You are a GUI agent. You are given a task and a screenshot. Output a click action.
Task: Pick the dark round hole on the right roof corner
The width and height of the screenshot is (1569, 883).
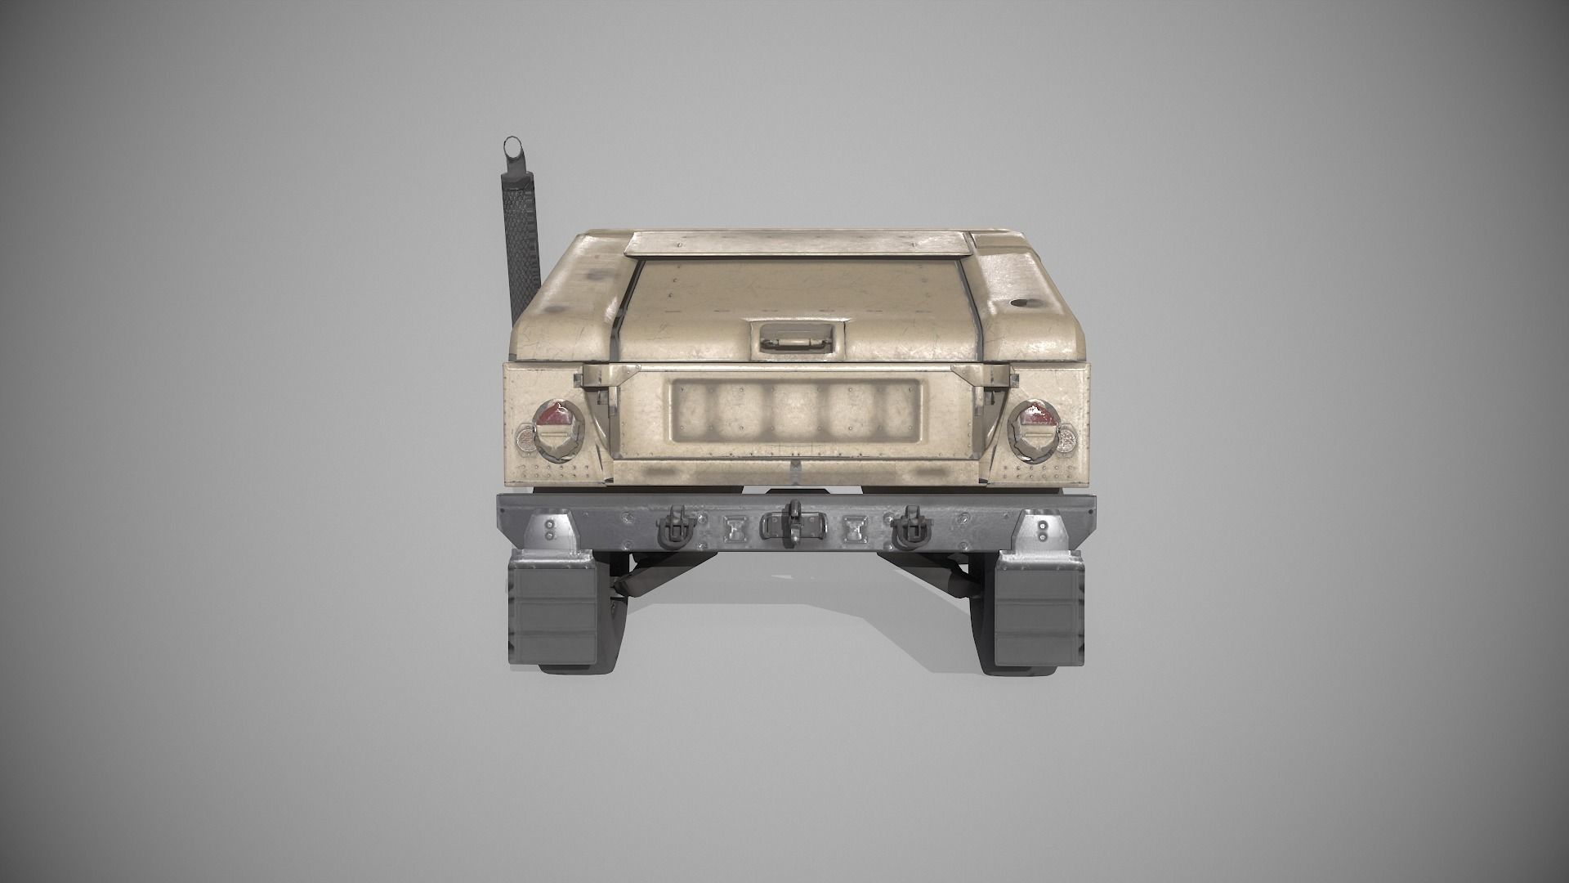tap(1021, 303)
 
